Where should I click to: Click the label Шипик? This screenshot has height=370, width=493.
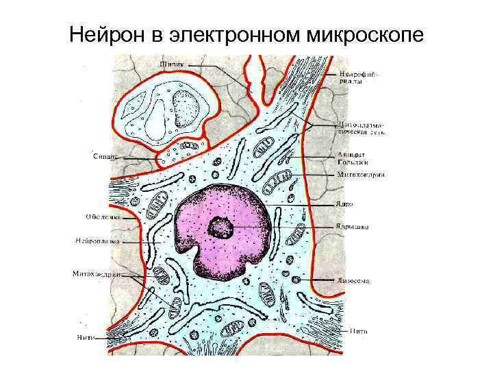[171, 64]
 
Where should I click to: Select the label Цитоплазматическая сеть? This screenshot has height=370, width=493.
[361, 128]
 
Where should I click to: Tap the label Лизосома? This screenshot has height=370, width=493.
[353, 281]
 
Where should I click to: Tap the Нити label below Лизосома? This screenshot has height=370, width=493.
[359, 331]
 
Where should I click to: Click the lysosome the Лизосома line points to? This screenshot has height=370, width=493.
[296, 280]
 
